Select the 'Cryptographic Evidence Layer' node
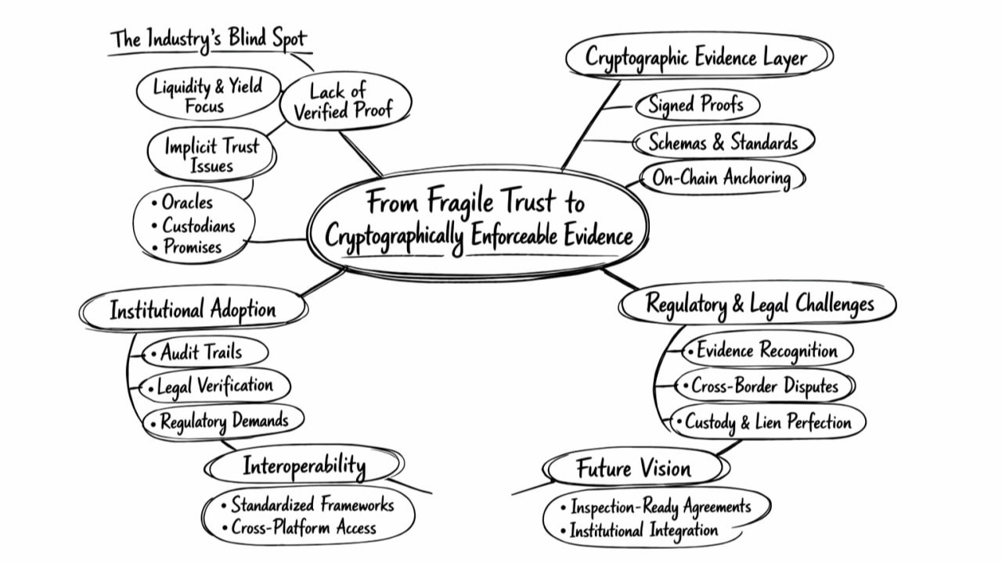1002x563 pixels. coord(699,57)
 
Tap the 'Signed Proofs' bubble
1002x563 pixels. coord(697,105)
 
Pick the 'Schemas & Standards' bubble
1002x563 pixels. coord(723,142)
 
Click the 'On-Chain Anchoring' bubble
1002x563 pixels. coord(722,178)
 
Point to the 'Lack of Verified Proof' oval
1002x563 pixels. coord(344,101)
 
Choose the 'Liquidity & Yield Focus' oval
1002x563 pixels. coord(208,94)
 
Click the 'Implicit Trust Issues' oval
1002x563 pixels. coord(212,155)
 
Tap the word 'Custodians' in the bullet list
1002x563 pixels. coord(199,226)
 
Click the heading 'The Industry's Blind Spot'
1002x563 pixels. coord(209,39)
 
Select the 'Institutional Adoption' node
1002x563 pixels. coord(193,309)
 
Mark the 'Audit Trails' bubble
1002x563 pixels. coord(205,352)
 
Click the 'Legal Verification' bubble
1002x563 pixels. coord(214,386)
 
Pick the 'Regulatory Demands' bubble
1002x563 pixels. coord(224,421)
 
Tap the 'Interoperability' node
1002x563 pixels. coord(305,467)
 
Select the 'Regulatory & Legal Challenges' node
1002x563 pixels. coord(758,304)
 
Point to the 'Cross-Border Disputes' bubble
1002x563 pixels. coord(764,386)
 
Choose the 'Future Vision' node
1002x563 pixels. coord(635,468)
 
